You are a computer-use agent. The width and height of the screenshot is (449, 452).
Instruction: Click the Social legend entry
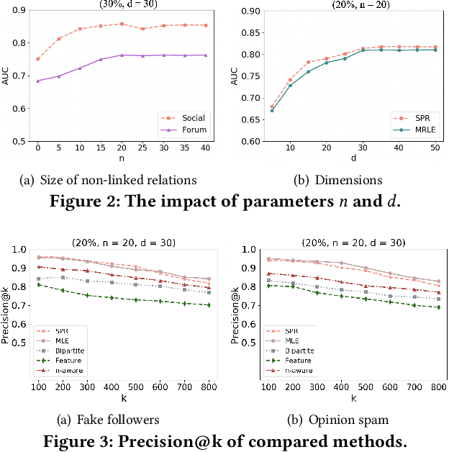[191, 117]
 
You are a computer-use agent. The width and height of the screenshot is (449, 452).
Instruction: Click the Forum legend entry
[191, 130]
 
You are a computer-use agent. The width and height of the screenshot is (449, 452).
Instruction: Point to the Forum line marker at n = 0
[37, 81]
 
